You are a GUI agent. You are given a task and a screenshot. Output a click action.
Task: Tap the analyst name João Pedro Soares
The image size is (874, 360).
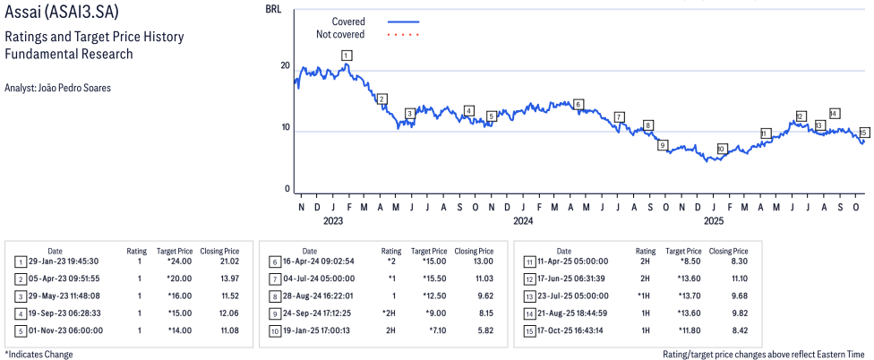57,88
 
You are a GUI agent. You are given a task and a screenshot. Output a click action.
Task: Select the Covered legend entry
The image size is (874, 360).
348,21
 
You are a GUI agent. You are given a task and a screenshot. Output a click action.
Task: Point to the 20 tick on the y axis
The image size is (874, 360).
285,65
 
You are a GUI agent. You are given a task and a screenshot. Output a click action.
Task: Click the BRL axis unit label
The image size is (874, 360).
273,8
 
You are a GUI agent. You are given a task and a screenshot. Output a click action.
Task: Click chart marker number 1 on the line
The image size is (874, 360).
347,56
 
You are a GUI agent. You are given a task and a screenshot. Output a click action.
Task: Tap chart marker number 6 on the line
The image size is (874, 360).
578,105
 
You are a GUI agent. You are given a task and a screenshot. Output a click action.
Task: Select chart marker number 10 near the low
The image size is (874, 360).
722,149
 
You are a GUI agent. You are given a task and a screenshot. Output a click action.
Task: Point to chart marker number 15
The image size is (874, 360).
864,133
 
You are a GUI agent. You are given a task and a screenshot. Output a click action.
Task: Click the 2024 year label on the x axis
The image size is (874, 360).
523,220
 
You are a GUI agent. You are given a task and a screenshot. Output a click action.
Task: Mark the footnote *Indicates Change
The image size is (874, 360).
39,354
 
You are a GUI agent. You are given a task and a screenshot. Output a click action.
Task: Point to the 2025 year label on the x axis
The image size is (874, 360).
714,220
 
